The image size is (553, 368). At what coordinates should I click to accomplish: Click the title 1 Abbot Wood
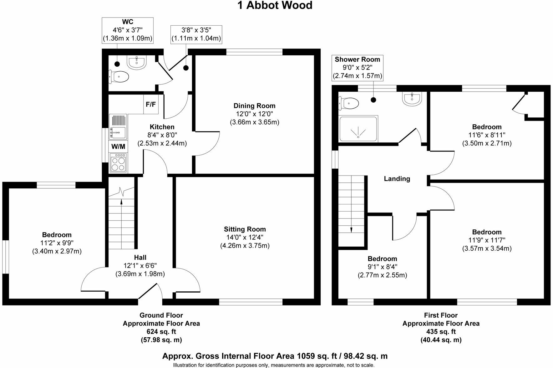pyautogui.click(x=275, y=5)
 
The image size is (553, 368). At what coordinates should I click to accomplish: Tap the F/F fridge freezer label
pyautogui.click(x=151, y=104)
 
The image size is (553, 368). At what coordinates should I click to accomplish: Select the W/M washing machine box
pyautogui.click(x=118, y=146)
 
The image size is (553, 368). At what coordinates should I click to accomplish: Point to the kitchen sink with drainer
pyautogui.click(x=118, y=127)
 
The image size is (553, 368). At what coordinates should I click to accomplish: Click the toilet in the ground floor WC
pyautogui.click(x=119, y=76)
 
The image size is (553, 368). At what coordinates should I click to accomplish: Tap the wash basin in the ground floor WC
pyautogui.click(x=137, y=62)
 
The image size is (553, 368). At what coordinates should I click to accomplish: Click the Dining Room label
pyautogui.click(x=254, y=106)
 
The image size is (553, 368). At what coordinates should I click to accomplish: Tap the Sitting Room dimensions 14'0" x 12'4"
pyautogui.click(x=245, y=238)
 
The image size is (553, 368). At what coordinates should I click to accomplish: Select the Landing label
pyautogui.click(x=397, y=179)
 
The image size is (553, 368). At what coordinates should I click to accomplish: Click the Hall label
pyautogui.click(x=140, y=258)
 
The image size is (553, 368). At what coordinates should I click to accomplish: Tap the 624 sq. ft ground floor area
pyautogui.click(x=161, y=332)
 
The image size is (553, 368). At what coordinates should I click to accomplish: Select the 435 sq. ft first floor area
pyautogui.click(x=441, y=332)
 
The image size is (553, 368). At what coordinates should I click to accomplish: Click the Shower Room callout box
pyautogui.click(x=357, y=68)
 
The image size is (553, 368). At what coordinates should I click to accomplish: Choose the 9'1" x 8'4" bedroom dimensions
pyautogui.click(x=382, y=267)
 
